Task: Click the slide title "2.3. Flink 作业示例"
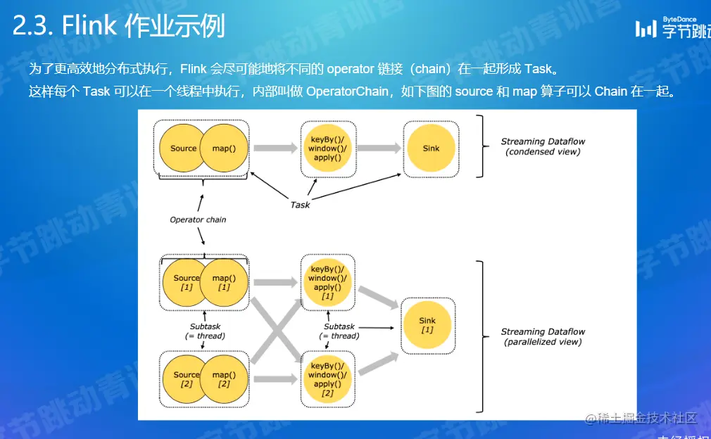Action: coord(118,27)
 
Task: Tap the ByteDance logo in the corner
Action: coord(672,27)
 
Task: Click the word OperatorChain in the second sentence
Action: coord(347,91)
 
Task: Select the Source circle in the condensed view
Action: coord(182,148)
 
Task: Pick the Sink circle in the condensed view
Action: coord(431,148)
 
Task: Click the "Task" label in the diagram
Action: coord(300,205)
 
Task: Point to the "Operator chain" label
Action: coord(198,220)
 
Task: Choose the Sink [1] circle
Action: coord(428,325)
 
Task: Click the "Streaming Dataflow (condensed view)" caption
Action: coord(543,146)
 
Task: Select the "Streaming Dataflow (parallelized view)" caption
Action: coord(543,336)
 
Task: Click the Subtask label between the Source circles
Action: coord(205,331)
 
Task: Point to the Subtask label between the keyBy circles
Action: coord(339,331)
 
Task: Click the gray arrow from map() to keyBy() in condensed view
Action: coord(275,148)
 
